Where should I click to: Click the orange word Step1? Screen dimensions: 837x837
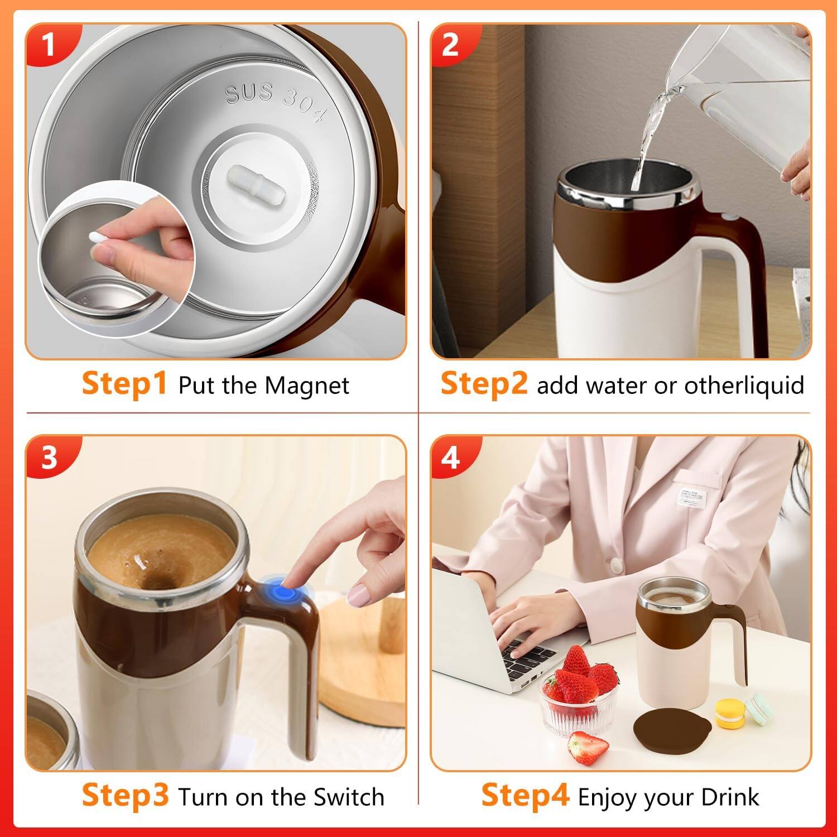pos(124,384)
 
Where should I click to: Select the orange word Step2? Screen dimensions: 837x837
pos(484,384)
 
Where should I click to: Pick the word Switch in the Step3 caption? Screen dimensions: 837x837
pos(349,797)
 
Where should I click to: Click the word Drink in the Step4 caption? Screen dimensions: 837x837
pos(730,797)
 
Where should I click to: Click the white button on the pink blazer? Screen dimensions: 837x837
pos(616,565)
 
